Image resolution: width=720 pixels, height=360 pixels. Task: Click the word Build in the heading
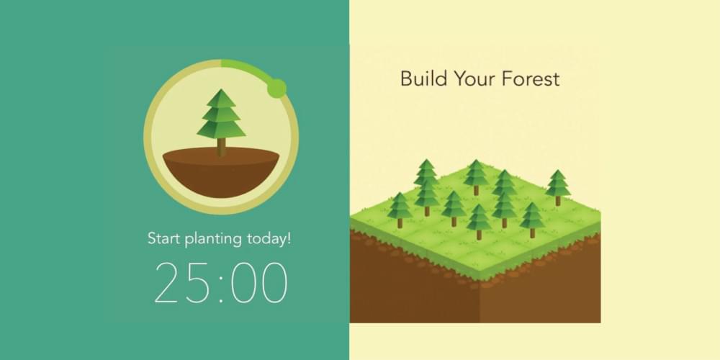pos(424,78)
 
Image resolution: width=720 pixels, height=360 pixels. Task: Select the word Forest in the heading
pos(531,78)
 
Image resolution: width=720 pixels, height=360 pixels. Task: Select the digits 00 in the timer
pos(259,282)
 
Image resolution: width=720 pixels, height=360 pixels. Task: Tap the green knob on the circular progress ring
pos(276,88)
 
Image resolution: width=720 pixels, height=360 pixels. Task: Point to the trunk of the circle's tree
pos(221,147)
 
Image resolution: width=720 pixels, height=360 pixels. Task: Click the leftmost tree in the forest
pos(400,210)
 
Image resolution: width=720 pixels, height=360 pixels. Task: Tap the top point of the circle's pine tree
pos(221,89)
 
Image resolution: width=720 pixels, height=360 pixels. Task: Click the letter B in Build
pos(406,78)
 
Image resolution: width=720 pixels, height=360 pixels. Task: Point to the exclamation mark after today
pos(289,239)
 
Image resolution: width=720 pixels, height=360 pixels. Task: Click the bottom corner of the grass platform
pos(480,281)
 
